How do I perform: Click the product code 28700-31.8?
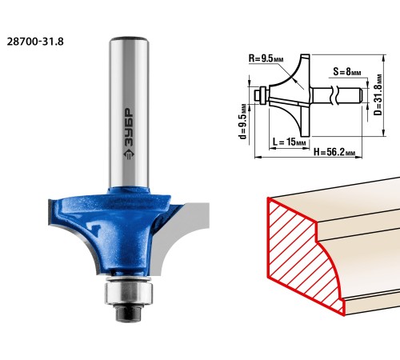tap(35, 42)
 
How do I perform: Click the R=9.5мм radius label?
tap(266, 58)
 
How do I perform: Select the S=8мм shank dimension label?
tap(347, 72)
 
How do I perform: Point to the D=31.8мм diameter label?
tap(378, 94)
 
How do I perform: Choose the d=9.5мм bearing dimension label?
tap(242, 121)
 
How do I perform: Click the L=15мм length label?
tap(289, 142)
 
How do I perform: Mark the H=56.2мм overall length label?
tap(334, 152)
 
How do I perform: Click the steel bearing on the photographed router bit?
tap(129, 294)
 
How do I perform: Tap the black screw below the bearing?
tap(129, 312)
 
